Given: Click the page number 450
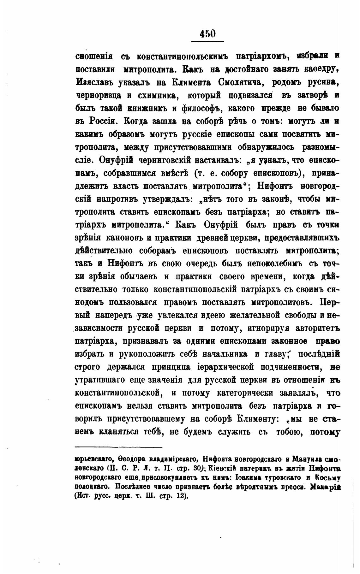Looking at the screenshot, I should click(207, 33).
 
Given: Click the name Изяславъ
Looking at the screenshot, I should click(95, 82).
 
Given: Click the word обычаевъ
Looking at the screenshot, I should click(141, 276).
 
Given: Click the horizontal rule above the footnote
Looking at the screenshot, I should click(118, 447).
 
